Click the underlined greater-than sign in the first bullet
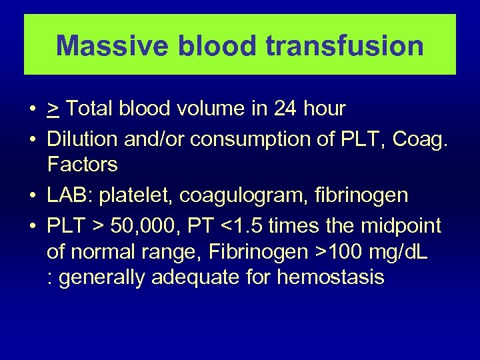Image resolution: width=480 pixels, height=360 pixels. tap(53, 109)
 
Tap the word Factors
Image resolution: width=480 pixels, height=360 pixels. tap(82, 164)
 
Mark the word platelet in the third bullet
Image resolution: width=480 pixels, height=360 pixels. tap(131, 195)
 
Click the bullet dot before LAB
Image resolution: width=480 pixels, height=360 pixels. tap(33, 196)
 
